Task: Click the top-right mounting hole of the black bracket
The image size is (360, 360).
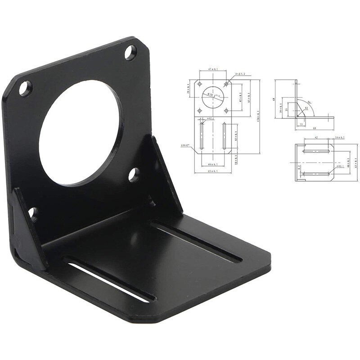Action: tap(130, 53)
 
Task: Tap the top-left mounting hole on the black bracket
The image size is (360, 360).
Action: tap(26, 88)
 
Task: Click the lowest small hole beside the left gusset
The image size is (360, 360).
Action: tap(33, 214)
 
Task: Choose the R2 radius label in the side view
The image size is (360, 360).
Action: tap(306, 108)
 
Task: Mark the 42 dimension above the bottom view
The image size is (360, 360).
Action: tap(316, 137)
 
